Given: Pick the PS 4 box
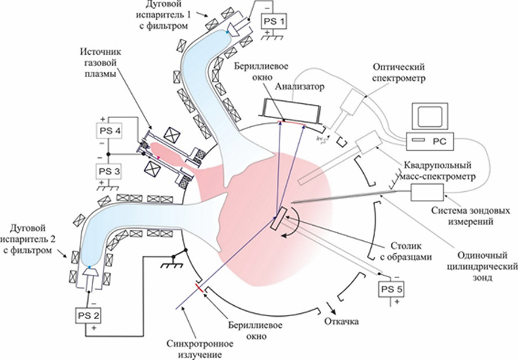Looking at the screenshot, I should coord(111,132).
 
